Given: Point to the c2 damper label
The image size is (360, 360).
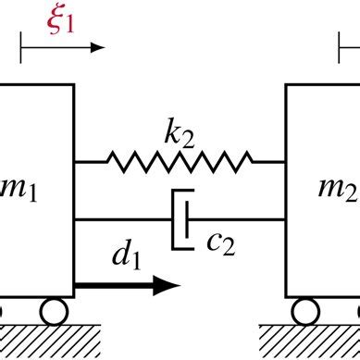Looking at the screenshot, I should pos(218,242).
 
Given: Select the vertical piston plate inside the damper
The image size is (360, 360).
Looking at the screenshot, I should pos(189,219).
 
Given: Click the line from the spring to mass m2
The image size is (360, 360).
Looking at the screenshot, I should pos(265,163).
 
